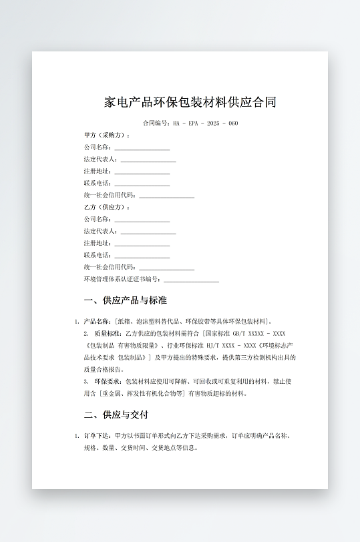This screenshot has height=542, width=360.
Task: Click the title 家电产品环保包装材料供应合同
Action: pos(190,102)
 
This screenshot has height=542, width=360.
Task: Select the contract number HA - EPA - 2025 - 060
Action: pos(205,123)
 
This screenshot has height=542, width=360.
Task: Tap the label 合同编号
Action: pos(156,123)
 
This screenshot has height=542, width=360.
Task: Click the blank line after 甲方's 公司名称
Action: pos(142,148)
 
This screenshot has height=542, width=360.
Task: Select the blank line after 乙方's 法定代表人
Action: pos(148,232)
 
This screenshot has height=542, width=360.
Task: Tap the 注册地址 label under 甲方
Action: pos(98,172)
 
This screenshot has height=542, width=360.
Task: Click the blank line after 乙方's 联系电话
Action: pos(142,256)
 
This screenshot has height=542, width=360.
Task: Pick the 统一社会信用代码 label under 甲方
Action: pos(110,196)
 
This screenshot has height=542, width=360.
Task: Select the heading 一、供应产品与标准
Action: pos(126,300)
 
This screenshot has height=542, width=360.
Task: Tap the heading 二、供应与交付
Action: pos(116,415)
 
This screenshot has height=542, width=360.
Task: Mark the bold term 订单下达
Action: pos(97,436)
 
